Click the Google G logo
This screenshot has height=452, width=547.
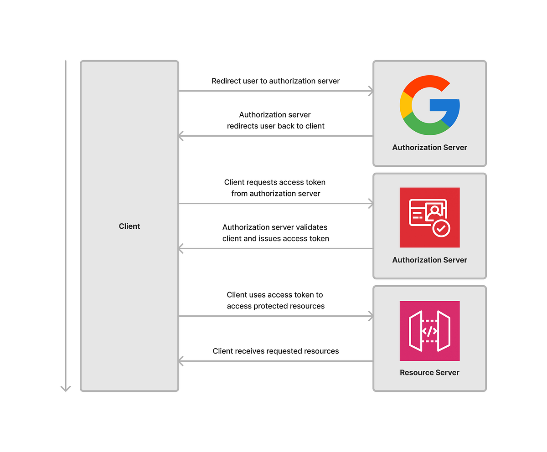[429, 105]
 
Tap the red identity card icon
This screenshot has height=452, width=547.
[429, 217]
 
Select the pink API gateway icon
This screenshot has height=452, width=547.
[429, 331]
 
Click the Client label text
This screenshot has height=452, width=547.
[129, 226]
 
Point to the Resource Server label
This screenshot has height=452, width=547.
[429, 372]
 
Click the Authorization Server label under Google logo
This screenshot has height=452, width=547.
[429, 147]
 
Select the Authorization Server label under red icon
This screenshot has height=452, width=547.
[429, 260]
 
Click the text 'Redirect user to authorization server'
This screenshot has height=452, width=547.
[276, 81]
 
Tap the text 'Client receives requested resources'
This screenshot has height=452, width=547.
[276, 351]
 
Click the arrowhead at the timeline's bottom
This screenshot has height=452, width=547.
[66, 388]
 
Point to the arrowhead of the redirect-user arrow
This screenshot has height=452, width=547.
[371, 91]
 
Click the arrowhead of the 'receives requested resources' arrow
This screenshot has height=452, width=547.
[181, 361]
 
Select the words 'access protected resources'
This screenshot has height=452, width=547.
[276, 306]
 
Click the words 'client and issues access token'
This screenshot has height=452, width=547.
[276, 238]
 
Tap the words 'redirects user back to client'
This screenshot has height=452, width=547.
[276, 126]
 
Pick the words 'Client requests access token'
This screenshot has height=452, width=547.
[275, 182]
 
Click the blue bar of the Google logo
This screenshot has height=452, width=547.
[444, 105]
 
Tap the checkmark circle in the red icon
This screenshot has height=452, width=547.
[441, 228]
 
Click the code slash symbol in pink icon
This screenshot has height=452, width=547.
[429, 331]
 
